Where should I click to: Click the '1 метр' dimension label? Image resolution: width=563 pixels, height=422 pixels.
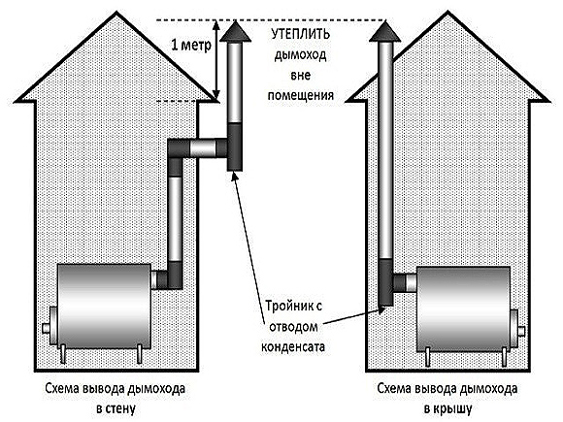pyautogui.click(x=191, y=46)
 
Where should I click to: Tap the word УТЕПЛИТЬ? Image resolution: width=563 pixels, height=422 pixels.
pyautogui.click(x=301, y=35)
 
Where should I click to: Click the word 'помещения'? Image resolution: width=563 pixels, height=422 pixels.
pyautogui.click(x=301, y=95)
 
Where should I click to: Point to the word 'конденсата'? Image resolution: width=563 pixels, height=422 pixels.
pyautogui.click(x=292, y=347)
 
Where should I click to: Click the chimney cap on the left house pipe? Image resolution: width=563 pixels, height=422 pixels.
pyautogui.click(x=235, y=32)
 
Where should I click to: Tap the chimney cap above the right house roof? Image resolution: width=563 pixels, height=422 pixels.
pyautogui.click(x=385, y=32)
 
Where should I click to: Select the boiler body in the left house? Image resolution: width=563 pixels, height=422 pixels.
pyautogui.click(x=104, y=307)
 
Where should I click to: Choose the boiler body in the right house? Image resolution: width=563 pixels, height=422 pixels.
pyautogui.click(x=463, y=308)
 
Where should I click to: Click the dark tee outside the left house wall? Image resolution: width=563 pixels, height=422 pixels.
pyautogui.click(x=235, y=146)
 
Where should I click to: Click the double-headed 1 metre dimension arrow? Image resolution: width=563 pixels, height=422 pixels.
pyautogui.click(x=215, y=60)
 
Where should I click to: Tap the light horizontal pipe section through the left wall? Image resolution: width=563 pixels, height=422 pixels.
pyautogui.click(x=203, y=147)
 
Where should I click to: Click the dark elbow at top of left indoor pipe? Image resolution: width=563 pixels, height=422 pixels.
pyautogui.click(x=176, y=149)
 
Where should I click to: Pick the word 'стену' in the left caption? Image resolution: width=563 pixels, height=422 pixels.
pyautogui.click(x=121, y=408)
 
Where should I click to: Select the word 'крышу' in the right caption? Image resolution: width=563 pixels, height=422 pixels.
pyautogui.click(x=453, y=408)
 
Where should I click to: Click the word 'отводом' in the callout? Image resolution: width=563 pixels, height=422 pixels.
pyautogui.click(x=293, y=327)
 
